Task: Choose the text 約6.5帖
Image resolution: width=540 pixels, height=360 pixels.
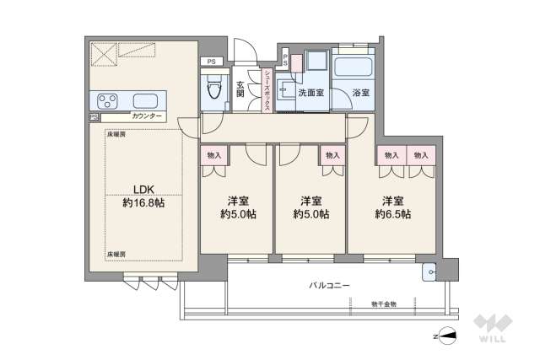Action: pyautogui.click(x=392, y=215)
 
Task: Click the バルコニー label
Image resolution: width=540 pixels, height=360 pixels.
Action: pyautogui.click(x=328, y=286)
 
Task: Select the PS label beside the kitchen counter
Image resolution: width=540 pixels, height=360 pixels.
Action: pyautogui.click(x=94, y=117)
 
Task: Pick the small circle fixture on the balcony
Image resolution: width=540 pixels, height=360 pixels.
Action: pyautogui.click(x=429, y=271)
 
